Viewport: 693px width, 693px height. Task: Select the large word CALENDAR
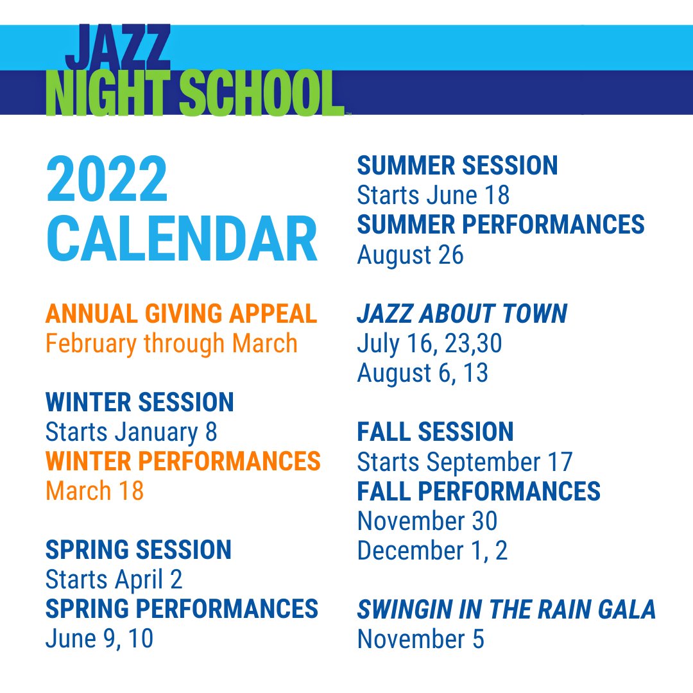click(182, 239)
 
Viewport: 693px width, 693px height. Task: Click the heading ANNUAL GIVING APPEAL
click(181, 314)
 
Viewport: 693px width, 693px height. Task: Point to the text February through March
click(171, 343)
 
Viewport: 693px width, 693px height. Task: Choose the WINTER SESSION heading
click(139, 402)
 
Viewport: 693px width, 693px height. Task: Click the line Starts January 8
click(131, 432)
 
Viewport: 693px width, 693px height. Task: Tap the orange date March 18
click(94, 491)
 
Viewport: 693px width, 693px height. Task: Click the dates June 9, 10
click(99, 638)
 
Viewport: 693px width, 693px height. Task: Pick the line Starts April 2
click(114, 579)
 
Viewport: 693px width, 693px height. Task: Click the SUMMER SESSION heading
click(457, 166)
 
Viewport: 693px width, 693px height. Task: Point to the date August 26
click(410, 255)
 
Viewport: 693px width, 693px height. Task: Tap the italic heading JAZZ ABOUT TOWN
click(462, 314)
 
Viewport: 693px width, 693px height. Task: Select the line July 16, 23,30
click(429, 343)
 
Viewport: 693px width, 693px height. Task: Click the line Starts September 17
click(465, 461)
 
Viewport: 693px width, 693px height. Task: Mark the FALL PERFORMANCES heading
click(479, 491)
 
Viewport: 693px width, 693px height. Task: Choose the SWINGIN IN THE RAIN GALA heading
click(506, 609)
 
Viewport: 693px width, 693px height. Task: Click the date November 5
click(420, 638)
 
